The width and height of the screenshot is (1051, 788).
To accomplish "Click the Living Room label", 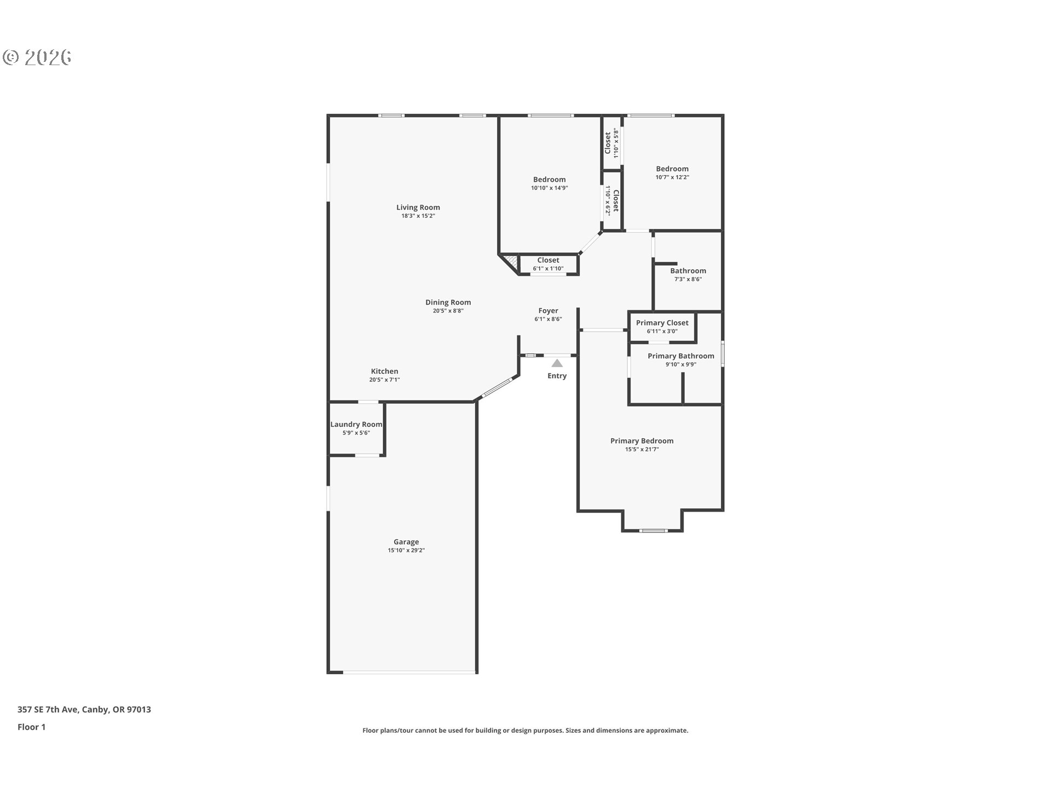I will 418,207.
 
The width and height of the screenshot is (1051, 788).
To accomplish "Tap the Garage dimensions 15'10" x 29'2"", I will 406,551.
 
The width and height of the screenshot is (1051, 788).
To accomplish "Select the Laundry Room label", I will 356,424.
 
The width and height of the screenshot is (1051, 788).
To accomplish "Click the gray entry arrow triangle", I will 557,363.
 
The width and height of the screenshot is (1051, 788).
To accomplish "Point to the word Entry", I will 557,376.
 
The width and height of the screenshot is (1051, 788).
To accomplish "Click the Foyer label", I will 548,310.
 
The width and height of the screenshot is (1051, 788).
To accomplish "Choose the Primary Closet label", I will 662,323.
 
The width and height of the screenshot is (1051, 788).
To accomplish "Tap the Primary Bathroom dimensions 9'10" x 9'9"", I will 680,364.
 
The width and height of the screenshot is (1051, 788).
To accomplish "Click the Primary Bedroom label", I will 642,441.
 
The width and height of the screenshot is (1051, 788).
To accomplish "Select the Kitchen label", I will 384,371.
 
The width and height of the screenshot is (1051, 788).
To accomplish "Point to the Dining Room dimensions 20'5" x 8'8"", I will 448,311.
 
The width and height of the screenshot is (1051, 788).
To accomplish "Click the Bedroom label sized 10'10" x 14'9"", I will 549,179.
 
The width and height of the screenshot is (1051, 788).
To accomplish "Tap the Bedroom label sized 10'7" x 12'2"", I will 672,169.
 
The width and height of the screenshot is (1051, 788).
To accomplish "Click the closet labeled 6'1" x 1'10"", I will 548,264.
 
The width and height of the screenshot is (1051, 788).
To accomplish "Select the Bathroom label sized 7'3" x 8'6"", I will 688,271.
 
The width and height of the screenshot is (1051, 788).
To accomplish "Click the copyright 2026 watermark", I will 37,57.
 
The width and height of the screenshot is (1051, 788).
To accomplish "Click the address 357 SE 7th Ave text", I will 84,709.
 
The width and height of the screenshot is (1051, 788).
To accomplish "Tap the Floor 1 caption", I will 31,727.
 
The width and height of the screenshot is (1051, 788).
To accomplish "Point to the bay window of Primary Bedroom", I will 653,530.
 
